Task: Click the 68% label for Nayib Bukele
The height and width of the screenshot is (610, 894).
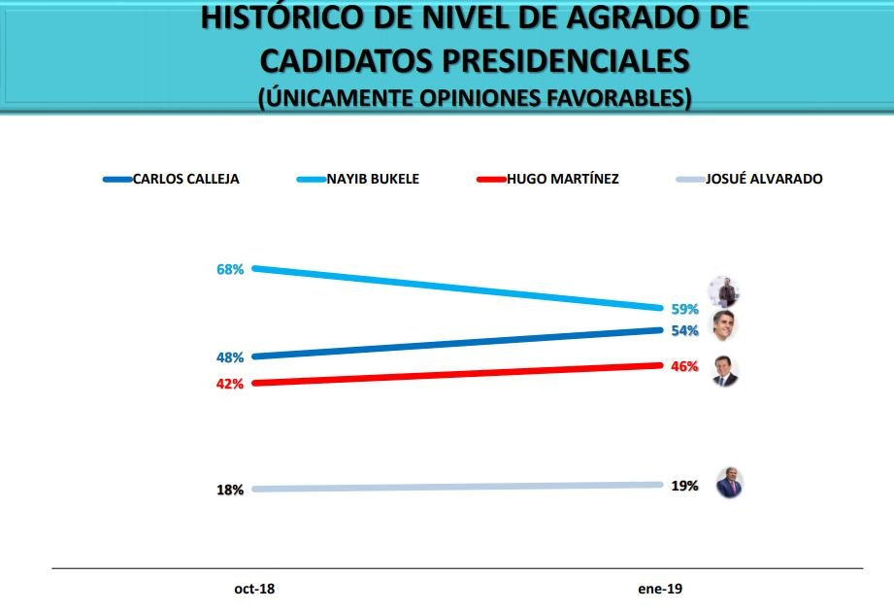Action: (x=230, y=269)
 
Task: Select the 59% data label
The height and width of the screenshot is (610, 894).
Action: (x=685, y=310)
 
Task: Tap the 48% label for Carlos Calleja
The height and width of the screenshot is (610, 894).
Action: (x=230, y=357)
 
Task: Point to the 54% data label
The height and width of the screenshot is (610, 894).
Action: (x=685, y=331)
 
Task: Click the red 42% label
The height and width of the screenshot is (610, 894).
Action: (x=230, y=384)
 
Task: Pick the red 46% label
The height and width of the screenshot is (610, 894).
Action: (x=685, y=367)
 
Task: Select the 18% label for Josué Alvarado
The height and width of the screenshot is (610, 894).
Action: (x=230, y=491)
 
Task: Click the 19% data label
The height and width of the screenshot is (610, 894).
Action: (x=685, y=486)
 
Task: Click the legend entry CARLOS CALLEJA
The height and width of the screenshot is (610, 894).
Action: (x=185, y=179)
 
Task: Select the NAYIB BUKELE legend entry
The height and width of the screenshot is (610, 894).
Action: (x=373, y=179)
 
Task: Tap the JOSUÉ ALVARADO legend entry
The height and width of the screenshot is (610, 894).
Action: (x=764, y=179)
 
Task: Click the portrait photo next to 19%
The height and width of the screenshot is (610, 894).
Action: (x=728, y=483)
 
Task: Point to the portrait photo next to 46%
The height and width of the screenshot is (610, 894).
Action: (x=725, y=370)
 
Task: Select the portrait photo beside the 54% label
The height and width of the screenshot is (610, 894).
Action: (x=725, y=325)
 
